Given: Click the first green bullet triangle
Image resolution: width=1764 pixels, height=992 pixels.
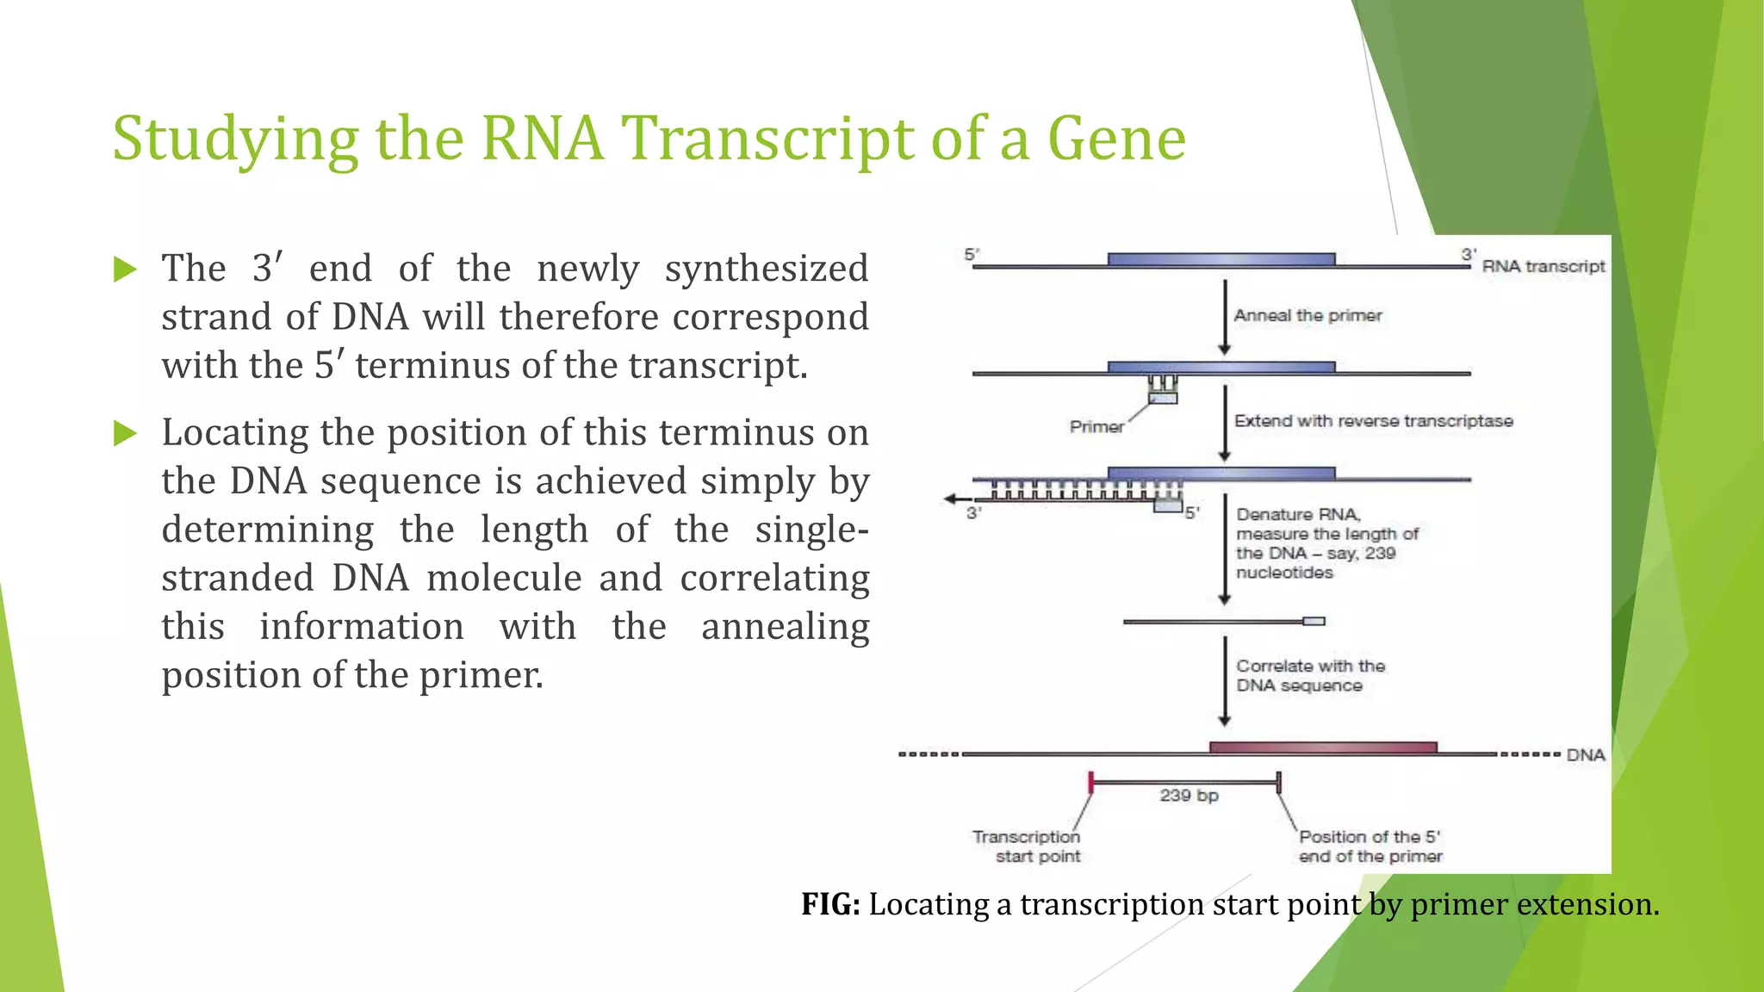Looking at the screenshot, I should tap(126, 270).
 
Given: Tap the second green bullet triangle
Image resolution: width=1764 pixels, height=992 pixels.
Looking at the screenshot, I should tap(126, 433).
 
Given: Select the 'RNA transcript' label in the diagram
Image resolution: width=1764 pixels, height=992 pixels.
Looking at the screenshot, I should tap(1543, 267).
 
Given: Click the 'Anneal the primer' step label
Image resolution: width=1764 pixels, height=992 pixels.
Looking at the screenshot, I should tap(1307, 316).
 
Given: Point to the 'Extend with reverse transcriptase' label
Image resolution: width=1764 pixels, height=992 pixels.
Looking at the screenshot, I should tap(1373, 421).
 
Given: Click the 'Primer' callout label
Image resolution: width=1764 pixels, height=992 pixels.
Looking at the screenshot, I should tap(1096, 427).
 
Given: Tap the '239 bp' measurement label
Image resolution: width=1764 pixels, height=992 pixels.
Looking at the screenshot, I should tap(1189, 796).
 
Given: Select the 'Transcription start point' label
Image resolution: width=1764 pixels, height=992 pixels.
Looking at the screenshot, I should tap(1027, 846).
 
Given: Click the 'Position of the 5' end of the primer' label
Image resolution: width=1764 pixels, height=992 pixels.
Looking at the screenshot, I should tap(1370, 846).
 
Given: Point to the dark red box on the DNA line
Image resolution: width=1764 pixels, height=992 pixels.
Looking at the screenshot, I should tap(1322, 747).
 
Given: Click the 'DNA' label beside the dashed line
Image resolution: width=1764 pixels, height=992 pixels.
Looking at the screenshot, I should tap(1585, 755).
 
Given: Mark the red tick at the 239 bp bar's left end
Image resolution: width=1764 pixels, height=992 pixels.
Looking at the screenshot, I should tap(1091, 782).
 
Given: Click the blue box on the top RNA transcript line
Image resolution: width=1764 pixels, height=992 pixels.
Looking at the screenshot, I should tap(1221, 259).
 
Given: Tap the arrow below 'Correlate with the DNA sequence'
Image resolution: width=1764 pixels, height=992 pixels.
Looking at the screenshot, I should tap(1224, 718).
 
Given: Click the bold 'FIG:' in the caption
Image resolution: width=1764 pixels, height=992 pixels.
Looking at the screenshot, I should tap(830, 904).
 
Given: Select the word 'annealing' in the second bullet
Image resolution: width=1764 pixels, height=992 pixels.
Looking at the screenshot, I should tap(785, 627).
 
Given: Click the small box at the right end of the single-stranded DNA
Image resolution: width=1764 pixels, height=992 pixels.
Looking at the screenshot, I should tap(1314, 621).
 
